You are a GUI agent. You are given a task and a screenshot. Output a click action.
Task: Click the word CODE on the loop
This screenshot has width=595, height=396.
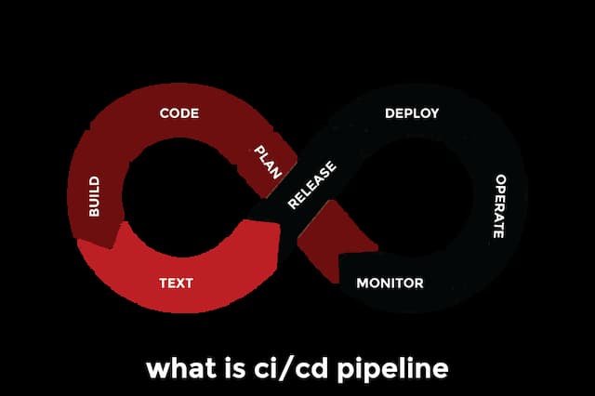click(179, 113)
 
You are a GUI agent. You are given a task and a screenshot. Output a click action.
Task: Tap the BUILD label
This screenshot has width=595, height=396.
click(94, 196)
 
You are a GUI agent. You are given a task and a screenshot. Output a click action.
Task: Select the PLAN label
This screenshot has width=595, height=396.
click(269, 162)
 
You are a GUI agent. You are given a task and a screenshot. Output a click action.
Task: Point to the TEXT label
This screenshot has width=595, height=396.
click(176, 283)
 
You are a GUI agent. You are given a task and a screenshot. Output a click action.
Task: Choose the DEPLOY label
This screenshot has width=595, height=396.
click(412, 113)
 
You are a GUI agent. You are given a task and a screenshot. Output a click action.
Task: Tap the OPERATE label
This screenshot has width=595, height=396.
click(499, 205)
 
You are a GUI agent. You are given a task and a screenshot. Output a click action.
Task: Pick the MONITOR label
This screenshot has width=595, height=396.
click(390, 283)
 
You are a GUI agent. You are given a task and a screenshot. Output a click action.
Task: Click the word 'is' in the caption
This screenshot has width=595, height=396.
click(234, 368)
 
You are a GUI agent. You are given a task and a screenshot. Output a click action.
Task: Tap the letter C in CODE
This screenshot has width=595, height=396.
click(165, 113)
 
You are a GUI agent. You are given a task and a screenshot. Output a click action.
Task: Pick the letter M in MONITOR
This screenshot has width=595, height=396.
click(363, 283)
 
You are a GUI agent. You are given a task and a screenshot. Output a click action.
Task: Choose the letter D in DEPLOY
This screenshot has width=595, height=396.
click(390, 113)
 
